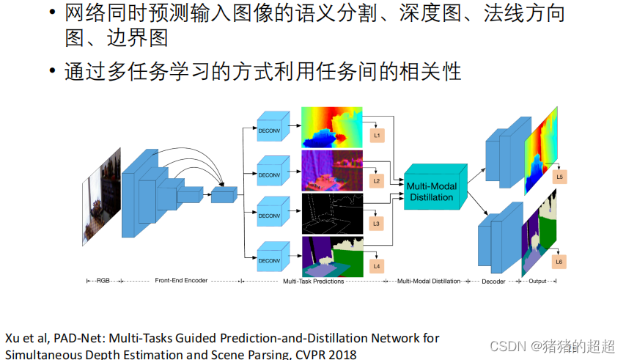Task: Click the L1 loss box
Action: [378, 136]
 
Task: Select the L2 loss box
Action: [378, 180]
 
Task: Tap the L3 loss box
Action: [378, 222]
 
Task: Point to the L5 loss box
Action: [559, 177]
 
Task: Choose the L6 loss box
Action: [559, 262]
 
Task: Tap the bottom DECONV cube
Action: [270, 260]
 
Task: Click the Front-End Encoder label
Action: [181, 280]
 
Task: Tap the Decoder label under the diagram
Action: [493, 280]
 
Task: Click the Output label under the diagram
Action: [542, 280]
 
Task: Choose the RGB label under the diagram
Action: [102, 280]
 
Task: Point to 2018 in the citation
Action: [342, 355]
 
